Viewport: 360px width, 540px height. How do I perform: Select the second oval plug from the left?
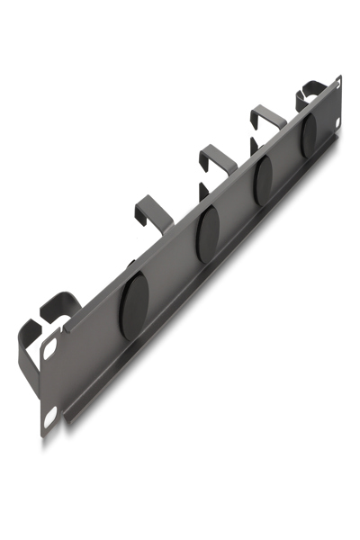(x=207, y=233)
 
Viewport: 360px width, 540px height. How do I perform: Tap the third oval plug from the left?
(x=265, y=179)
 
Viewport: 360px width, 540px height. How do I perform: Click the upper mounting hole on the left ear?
(x=50, y=344)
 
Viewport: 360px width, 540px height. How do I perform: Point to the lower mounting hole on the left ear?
(x=49, y=416)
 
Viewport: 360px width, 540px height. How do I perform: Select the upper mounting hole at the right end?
(x=337, y=86)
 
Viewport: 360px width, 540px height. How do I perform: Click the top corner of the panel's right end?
(x=339, y=77)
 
